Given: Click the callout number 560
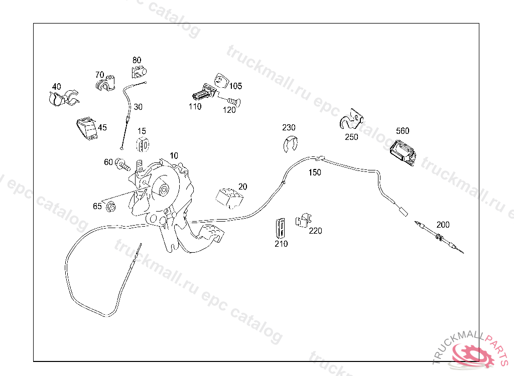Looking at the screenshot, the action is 403,131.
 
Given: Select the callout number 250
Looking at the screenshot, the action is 351,137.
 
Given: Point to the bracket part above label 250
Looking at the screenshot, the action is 351,119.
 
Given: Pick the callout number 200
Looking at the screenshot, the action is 443,225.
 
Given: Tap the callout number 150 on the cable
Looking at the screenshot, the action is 315,172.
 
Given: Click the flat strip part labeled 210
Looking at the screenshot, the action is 280,227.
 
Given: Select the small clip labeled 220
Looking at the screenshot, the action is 303,221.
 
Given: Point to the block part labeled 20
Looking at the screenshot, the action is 229,198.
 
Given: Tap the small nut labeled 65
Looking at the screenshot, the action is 111,207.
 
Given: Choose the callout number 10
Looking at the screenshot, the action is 174,155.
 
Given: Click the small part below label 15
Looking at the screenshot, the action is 143,144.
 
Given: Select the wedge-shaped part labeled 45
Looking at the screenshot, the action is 87,129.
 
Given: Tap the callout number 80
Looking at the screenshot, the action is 137,60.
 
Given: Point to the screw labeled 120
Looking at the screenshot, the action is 234,102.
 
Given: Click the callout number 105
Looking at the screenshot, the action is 235,86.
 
